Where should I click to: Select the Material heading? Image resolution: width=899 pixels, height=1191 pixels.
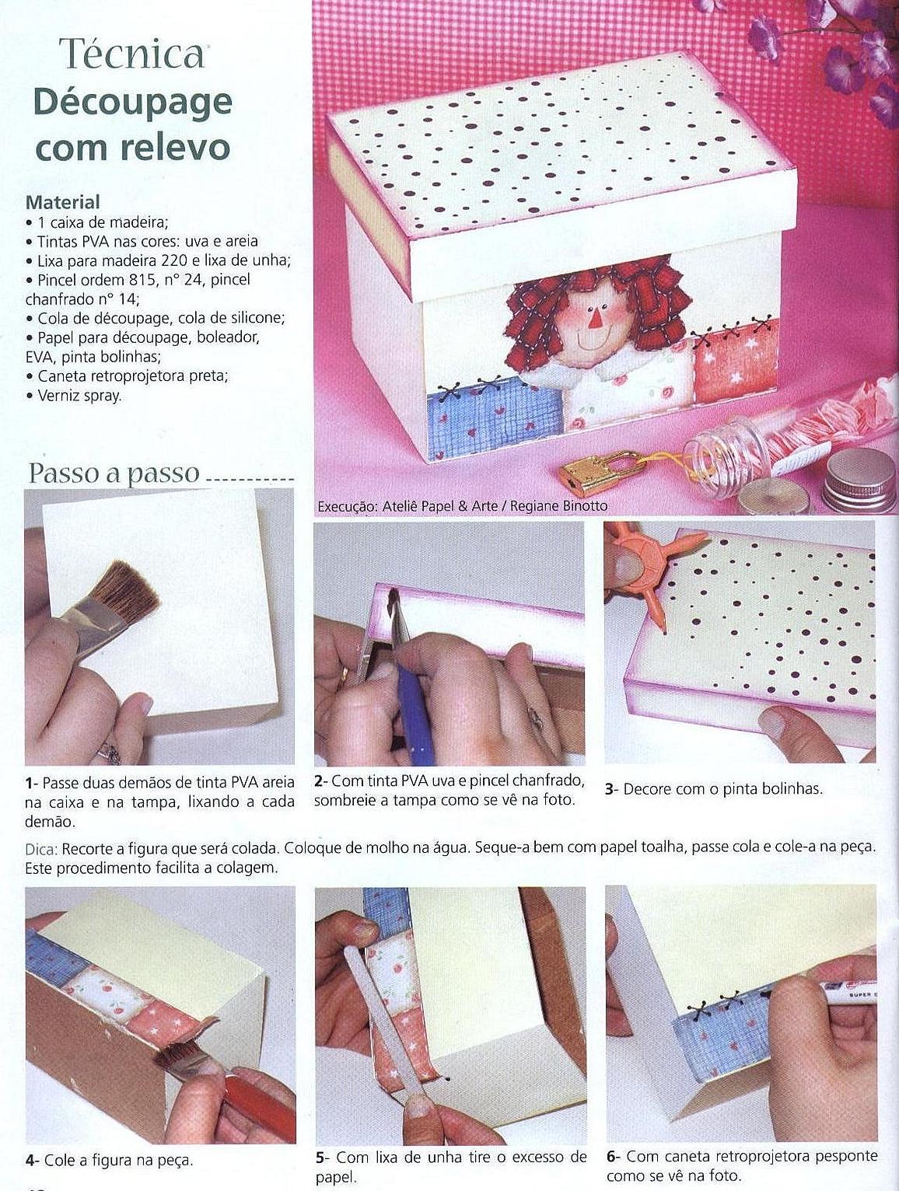63,202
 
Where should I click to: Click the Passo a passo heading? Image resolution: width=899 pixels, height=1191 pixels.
114,473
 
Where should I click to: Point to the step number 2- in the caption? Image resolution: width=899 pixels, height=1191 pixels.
321,782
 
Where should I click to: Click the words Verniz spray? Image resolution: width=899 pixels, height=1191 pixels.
79,396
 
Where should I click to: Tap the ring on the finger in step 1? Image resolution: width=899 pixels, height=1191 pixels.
110,752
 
